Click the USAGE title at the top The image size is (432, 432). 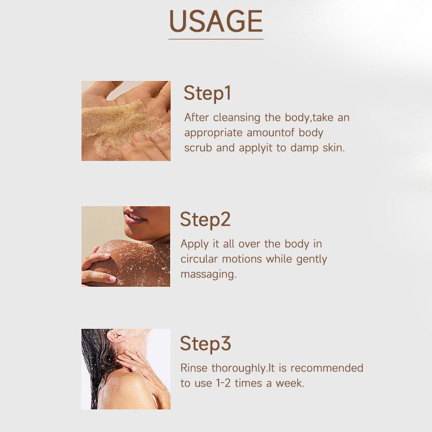pos(215,22)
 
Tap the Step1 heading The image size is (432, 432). pos(207,93)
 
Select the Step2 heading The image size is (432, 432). pos(205,219)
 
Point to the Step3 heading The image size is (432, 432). pos(205,343)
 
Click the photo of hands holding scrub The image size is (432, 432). pos(126,121)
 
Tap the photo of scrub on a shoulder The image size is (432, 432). pos(126,246)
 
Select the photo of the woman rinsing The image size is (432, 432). pos(126,369)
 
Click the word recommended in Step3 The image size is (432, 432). pos(328,368)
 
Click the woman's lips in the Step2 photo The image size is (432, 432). pos(134,218)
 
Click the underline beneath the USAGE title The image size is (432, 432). pos(215,39)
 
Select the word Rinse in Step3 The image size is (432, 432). pos(194,368)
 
